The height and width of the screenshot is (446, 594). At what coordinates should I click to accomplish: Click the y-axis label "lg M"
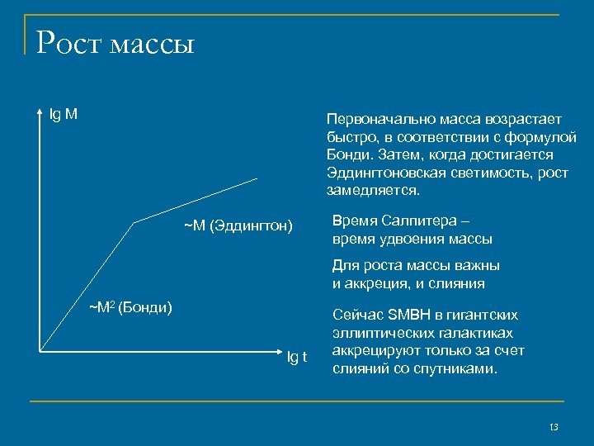(x=64, y=114)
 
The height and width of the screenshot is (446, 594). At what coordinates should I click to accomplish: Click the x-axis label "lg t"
(x=296, y=357)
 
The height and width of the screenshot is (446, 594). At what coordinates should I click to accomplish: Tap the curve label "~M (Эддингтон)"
(x=238, y=225)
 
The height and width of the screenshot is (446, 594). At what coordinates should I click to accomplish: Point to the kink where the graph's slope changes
(x=133, y=222)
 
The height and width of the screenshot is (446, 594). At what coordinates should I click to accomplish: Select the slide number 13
(x=554, y=427)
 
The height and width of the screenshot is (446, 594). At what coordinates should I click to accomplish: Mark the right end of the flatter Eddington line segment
(x=257, y=178)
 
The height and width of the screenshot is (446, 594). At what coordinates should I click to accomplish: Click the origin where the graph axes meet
(x=39, y=353)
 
